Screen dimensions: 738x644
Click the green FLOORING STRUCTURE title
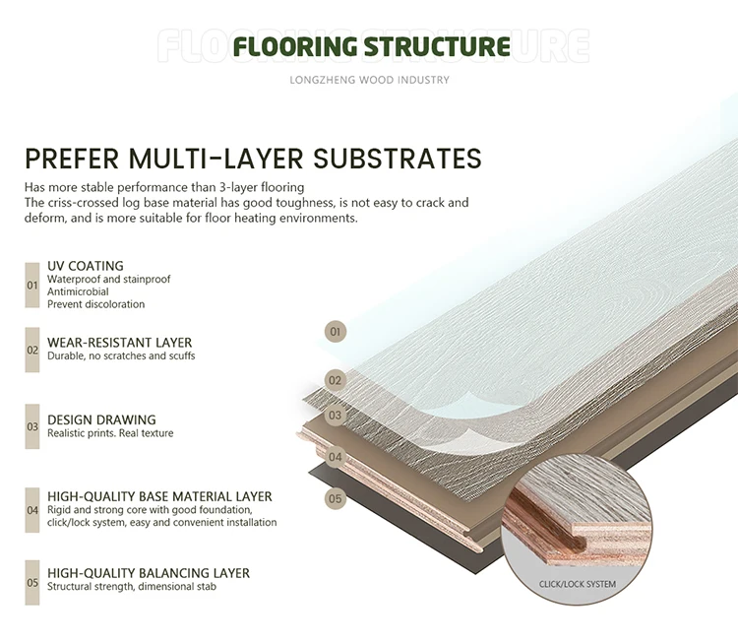coord(371,46)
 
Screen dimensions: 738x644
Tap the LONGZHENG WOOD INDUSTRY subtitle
coord(370,80)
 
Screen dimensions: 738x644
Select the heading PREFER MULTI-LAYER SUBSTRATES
coord(253,159)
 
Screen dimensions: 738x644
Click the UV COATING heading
coord(86,266)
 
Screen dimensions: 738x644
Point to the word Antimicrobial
coord(78,291)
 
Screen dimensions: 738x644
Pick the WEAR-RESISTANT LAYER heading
coord(120,343)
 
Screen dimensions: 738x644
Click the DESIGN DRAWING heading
coord(101,419)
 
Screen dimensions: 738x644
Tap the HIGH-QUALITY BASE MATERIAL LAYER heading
coord(159,496)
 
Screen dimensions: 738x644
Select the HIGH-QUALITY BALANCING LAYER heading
coord(149,573)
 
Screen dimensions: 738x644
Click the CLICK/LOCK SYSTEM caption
coord(578,584)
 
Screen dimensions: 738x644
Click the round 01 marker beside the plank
coord(336,332)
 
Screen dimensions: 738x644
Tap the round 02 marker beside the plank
coord(336,380)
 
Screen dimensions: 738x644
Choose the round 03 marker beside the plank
coord(336,416)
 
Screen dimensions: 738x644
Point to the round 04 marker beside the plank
coord(336,457)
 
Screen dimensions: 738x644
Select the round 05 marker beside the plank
coord(336,498)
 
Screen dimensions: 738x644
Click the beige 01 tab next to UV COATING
coord(32,285)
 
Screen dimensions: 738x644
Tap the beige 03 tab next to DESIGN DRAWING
coord(32,426)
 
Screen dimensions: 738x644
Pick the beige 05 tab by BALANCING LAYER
coord(32,581)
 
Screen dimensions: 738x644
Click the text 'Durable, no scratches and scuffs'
coord(121,356)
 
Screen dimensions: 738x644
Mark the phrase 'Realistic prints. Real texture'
coord(110,433)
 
